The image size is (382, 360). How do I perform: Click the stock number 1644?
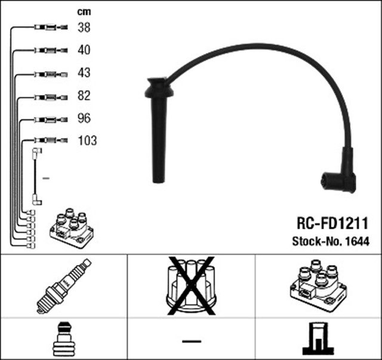(x=358, y=241)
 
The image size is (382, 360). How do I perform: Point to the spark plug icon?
(x=64, y=287)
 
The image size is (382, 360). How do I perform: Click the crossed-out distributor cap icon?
(x=190, y=285)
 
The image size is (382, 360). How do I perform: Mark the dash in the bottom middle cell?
(x=191, y=341)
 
